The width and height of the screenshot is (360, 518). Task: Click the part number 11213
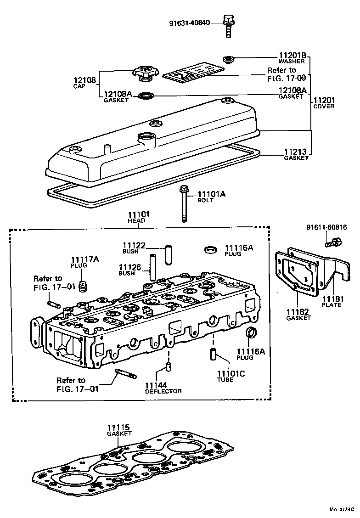tap(296, 153)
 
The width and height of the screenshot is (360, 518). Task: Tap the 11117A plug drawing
tap(83, 286)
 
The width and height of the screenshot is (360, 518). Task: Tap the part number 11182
tap(298, 312)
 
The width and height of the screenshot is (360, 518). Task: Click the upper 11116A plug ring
tap(211, 249)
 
